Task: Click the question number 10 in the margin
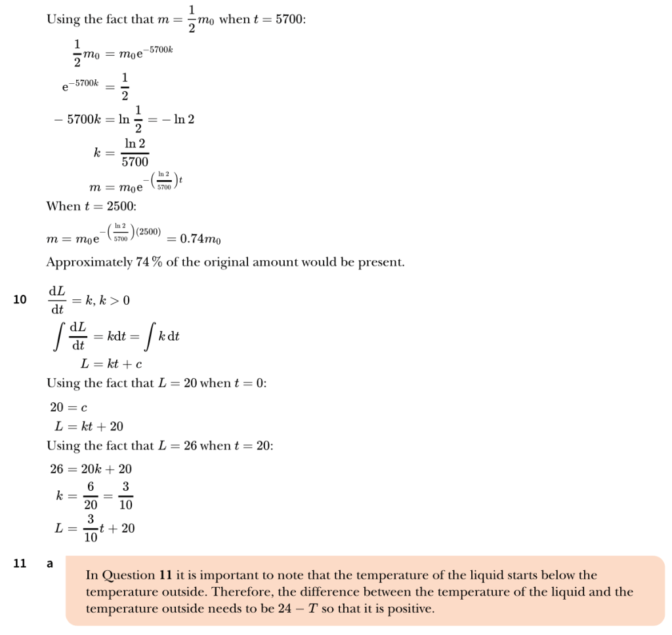tap(20, 300)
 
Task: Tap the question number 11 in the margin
tap(20, 563)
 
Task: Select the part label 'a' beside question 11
tap(49, 563)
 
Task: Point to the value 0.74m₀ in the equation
tap(200, 239)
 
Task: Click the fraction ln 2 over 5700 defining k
tap(135, 153)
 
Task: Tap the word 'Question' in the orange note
tap(129, 576)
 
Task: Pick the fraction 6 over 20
tap(90, 495)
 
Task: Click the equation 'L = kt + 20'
tap(89, 427)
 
